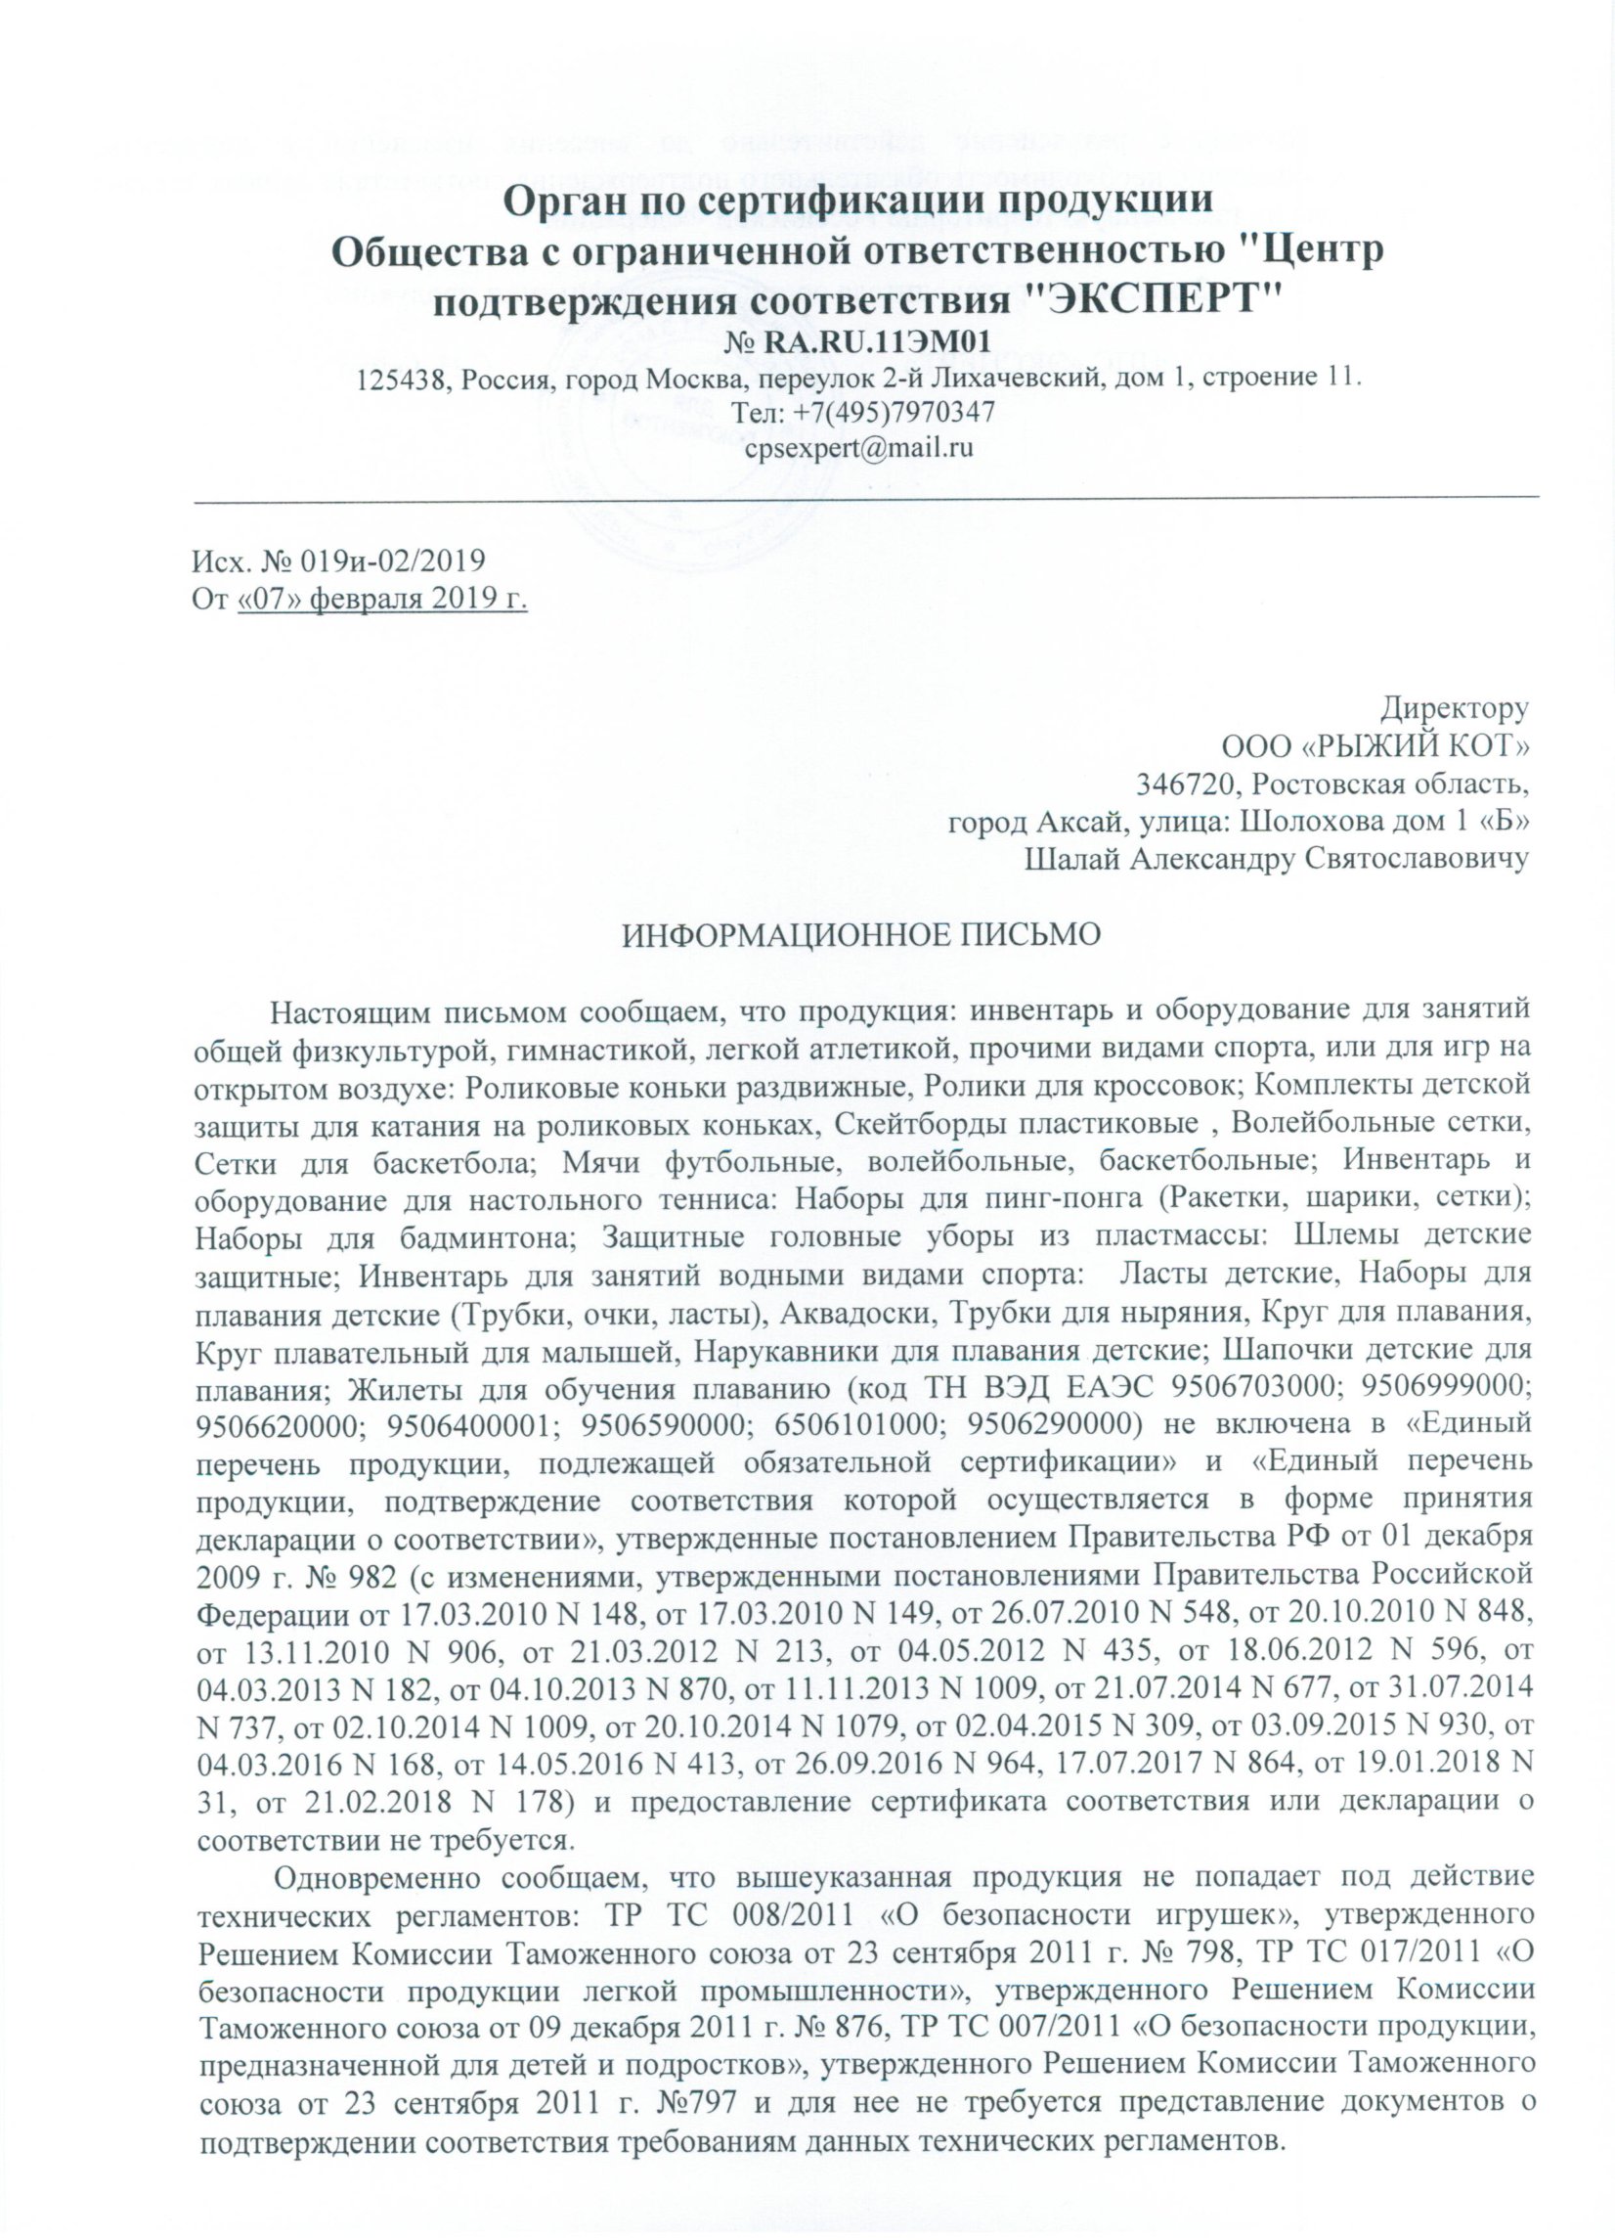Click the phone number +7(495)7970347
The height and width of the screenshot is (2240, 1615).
(888, 412)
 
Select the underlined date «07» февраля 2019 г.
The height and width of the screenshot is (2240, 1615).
(383, 599)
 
